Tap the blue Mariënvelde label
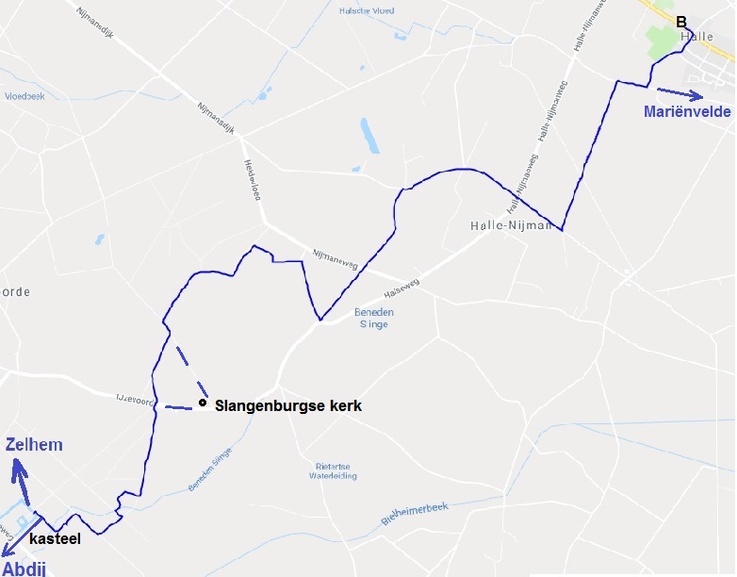point(687,112)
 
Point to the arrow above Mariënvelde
point(680,93)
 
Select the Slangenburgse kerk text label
point(288,406)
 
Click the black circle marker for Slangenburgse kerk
point(203,404)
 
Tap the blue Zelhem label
point(34,445)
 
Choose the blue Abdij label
point(23,567)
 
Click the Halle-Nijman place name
point(510,226)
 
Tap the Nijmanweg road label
point(332,256)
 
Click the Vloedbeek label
point(25,96)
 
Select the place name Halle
point(696,36)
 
